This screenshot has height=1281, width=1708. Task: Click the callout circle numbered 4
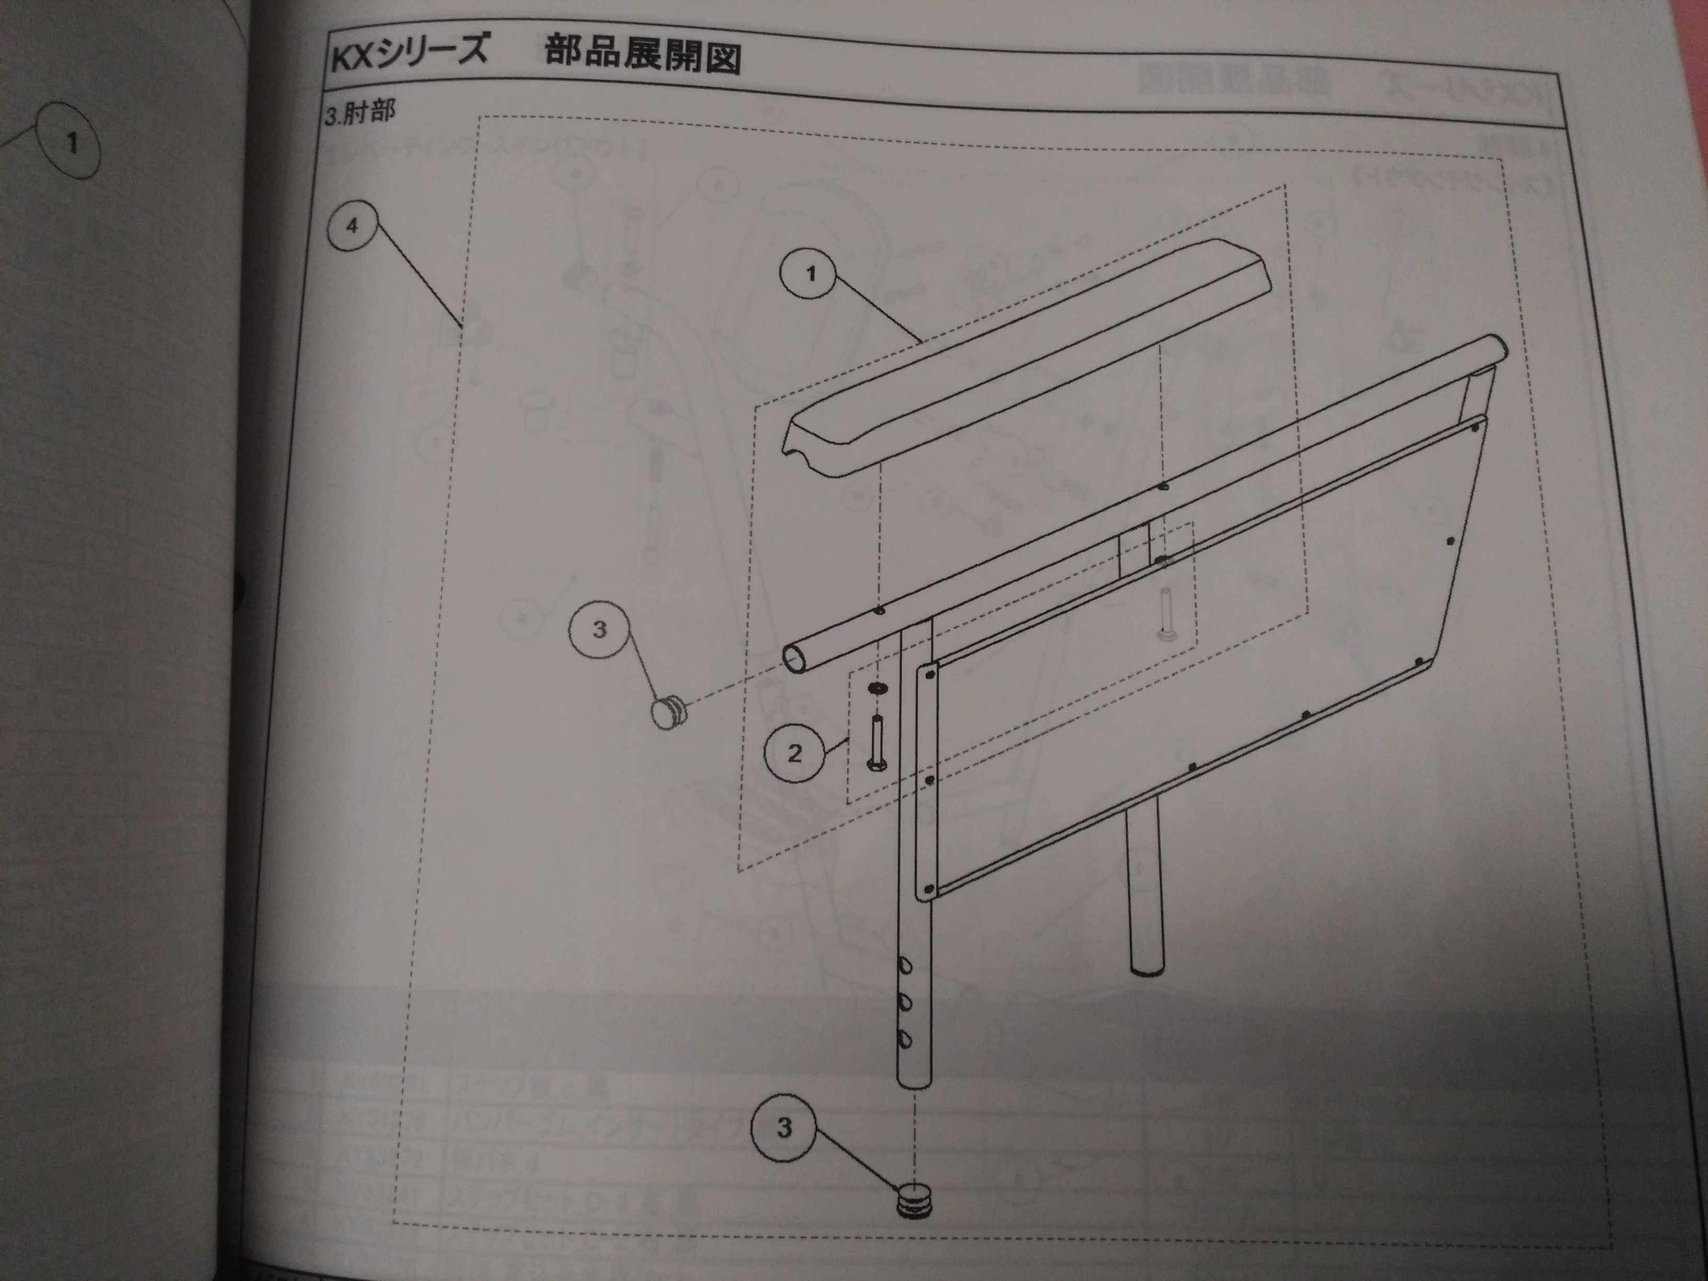[352, 226]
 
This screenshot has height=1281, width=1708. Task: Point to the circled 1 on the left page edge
[71, 142]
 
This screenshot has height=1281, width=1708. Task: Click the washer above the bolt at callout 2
[877, 687]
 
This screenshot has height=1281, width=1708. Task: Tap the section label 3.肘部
[360, 114]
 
